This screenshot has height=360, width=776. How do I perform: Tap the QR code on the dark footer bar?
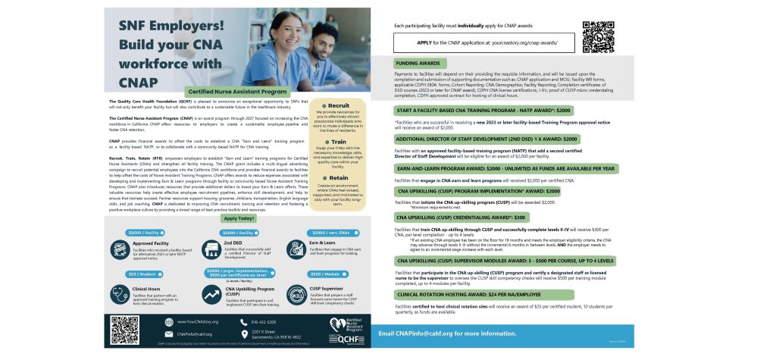124,330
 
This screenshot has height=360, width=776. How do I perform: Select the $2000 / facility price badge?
144,232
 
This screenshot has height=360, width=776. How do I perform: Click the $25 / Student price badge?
142,274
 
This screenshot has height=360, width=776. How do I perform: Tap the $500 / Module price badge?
324,274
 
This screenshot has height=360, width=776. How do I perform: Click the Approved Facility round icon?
121,249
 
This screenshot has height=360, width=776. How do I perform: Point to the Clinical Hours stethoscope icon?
121,291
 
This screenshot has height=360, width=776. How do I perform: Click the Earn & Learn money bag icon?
297,249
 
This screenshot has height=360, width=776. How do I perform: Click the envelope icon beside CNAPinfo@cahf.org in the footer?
167,333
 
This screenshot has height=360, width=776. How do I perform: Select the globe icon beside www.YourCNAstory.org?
167,322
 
